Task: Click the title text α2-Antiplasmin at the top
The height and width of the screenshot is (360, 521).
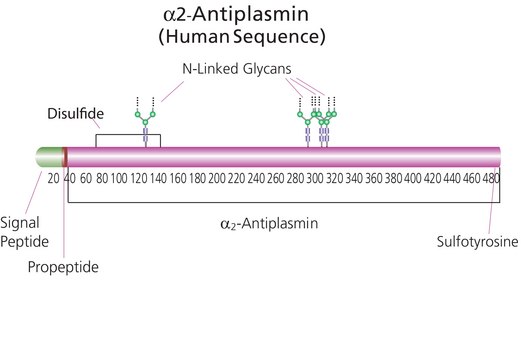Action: tap(236, 15)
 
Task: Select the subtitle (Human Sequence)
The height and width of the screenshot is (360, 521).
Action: tap(242, 37)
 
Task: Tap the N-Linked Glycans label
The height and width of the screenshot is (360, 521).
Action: tap(237, 69)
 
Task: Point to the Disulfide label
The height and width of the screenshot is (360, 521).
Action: tap(76, 114)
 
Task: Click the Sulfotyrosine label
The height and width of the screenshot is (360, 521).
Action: tap(477, 242)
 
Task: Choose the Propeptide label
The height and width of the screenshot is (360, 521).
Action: tap(63, 267)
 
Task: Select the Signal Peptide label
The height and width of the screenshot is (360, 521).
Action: tap(24, 232)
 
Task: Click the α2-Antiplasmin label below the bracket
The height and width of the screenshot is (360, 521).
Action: tap(269, 223)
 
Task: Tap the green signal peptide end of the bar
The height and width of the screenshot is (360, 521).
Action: tap(49, 157)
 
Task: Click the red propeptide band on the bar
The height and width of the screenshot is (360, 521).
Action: tap(65, 157)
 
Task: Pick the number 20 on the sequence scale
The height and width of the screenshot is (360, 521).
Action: tap(53, 178)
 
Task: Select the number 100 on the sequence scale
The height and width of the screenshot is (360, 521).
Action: tap(119, 178)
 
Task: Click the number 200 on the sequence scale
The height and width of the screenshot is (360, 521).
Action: tap(217, 178)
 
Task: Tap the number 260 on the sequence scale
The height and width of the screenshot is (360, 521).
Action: tap(276, 178)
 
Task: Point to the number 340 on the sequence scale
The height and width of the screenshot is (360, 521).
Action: tap(354, 178)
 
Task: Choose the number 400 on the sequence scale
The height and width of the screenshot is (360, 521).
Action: tap(413, 178)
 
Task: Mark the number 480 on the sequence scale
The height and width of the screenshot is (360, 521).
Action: tap(491, 178)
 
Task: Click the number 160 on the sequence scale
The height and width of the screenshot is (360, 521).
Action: tap(178, 178)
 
